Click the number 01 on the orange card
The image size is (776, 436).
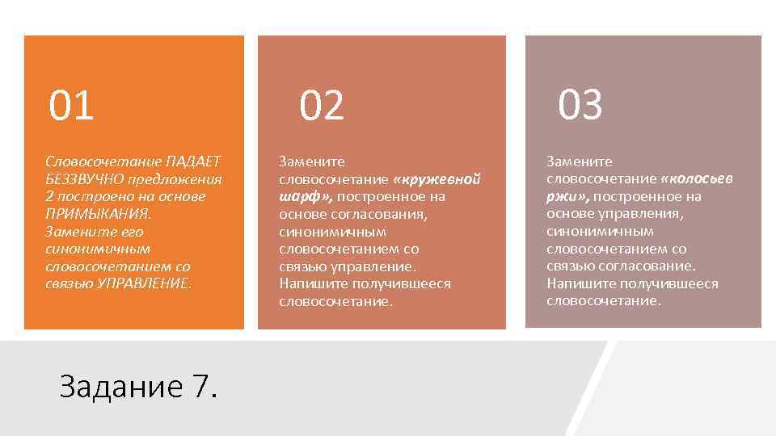tap(72, 106)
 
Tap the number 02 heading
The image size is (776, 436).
tap(322, 106)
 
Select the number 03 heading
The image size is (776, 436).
tap(580, 105)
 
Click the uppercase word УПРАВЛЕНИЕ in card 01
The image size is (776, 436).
tap(145, 283)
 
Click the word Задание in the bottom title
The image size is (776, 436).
tap(121, 388)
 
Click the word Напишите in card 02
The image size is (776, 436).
tap(308, 283)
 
